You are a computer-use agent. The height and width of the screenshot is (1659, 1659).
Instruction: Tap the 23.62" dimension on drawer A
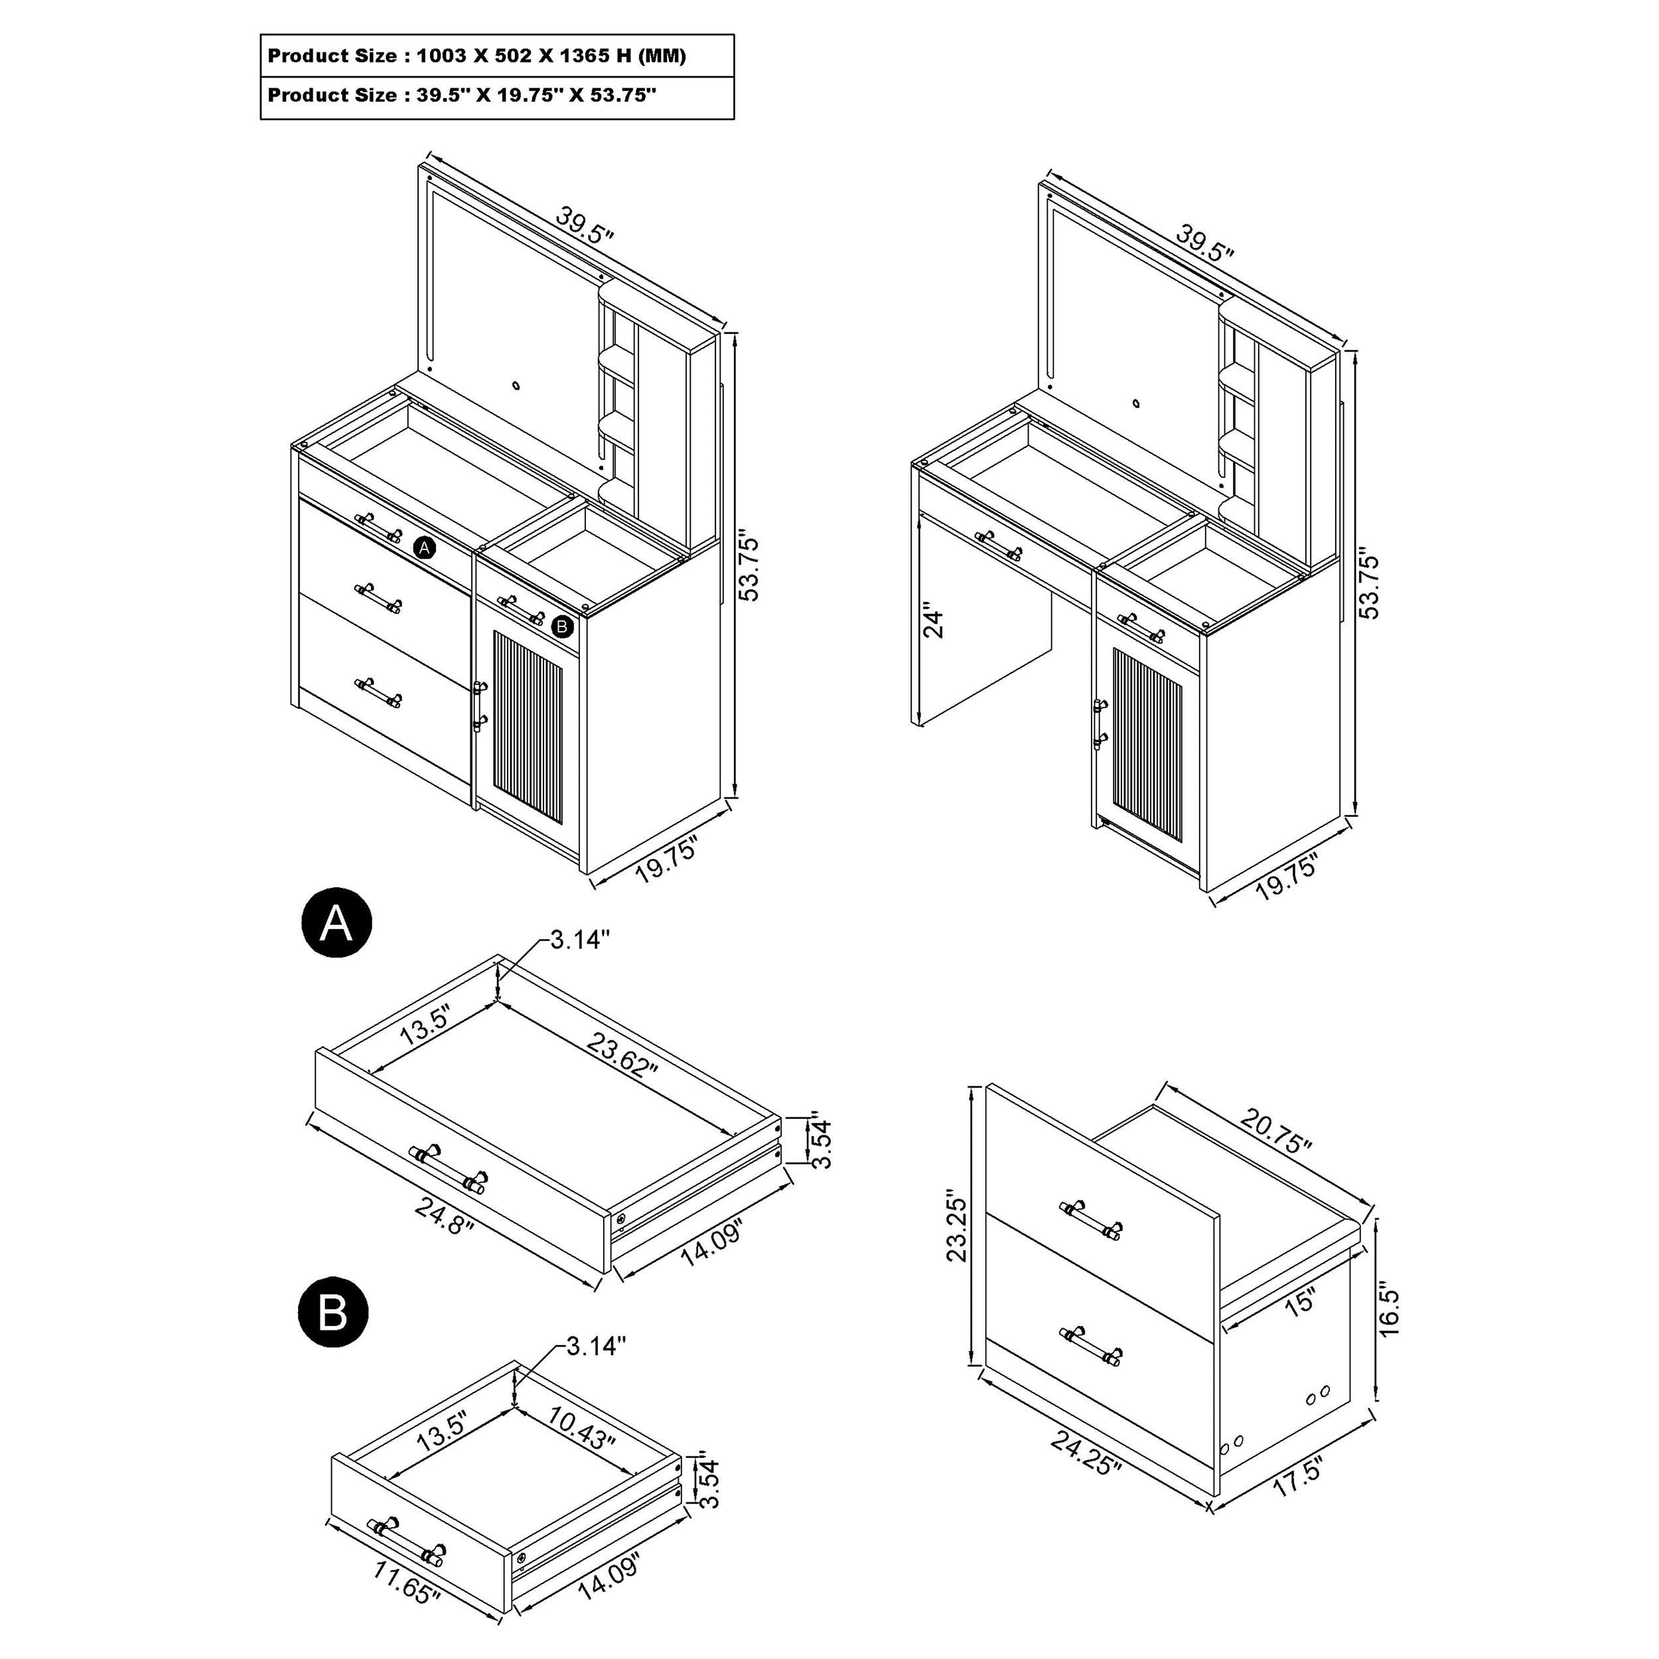(622, 1056)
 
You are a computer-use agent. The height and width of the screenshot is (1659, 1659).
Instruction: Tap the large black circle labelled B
(333, 1312)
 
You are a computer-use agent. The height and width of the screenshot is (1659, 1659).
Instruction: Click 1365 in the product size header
(587, 56)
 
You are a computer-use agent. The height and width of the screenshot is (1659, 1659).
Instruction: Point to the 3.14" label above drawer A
(581, 940)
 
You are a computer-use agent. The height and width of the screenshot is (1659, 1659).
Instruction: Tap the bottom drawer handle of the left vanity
(378, 691)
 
